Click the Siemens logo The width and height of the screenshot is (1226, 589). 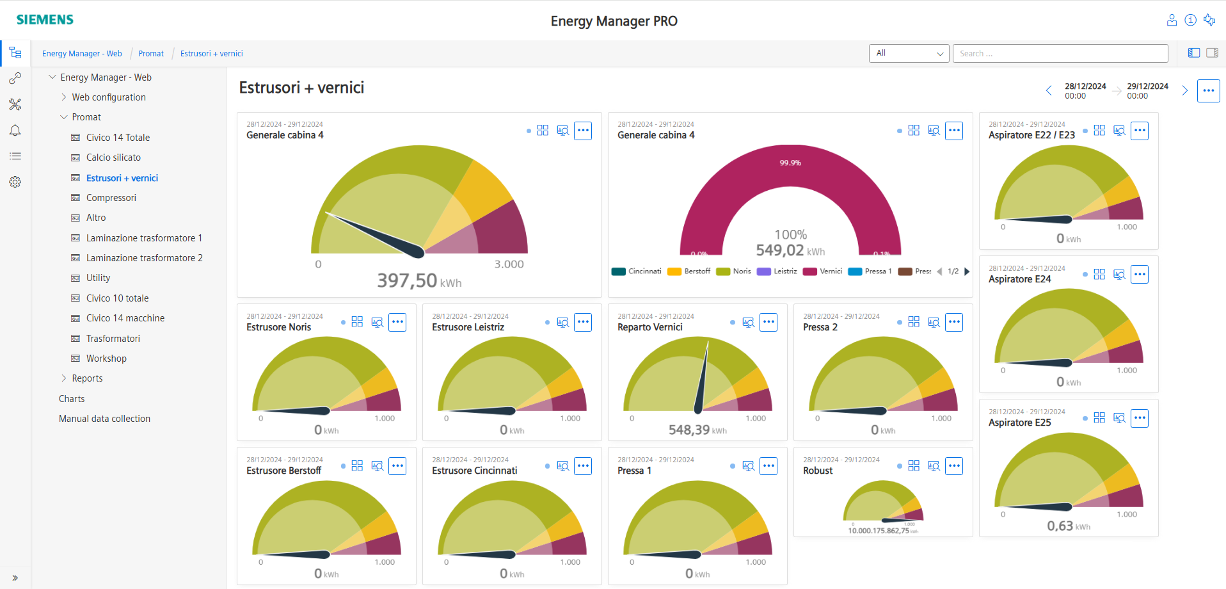[x=45, y=20]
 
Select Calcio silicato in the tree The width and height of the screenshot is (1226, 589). [x=113, y=157]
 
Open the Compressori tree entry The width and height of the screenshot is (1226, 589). [x=111, y=198]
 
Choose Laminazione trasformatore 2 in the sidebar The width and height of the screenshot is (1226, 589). [x=144, y=258]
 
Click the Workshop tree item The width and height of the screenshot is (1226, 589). [x=106, y=359]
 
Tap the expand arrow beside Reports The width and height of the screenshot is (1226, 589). [x=64, y=378]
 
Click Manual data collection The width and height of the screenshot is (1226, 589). [x=104, y=419]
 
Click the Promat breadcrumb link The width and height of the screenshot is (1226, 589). [x=151, y=54]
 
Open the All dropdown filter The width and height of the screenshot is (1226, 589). [x=909, y=53]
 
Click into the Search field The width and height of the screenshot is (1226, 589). [x=1060, y=53]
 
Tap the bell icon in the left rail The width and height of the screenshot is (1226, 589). [x=15, y=131]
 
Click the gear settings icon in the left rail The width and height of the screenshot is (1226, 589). [x=15, y=182]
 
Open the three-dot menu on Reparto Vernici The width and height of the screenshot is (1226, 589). [x=768, y=323]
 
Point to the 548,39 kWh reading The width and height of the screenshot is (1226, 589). [x=697, y=430]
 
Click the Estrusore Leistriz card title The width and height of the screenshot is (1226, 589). [x=468, y=327]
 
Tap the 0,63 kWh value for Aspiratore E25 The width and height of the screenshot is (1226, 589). [x=1068, y=526]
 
